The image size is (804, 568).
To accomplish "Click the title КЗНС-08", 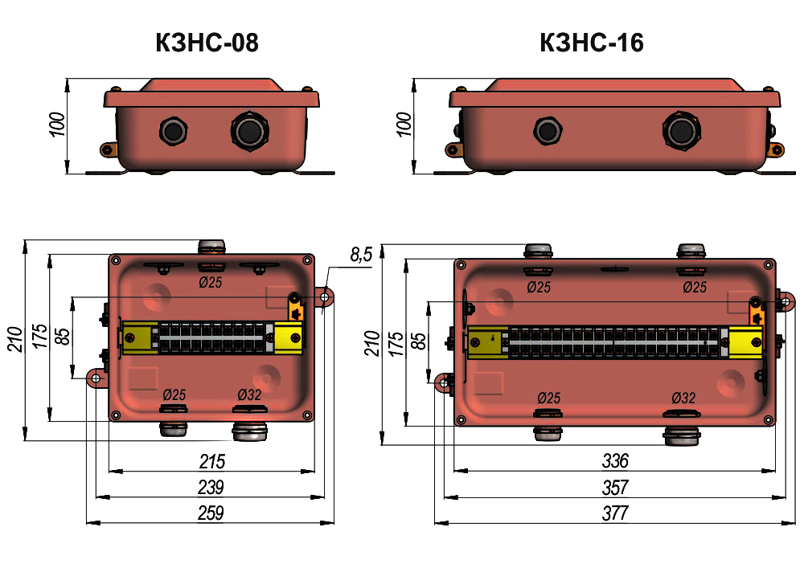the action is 207,43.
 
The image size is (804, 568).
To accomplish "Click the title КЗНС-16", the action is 592,43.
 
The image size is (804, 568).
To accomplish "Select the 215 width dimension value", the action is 211,461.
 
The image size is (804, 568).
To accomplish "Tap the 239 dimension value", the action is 211,487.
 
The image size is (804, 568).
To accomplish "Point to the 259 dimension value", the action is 211,513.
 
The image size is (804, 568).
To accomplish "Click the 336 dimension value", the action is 615,461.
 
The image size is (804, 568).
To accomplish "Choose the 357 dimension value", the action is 615,487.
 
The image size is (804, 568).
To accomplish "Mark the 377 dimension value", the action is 615,513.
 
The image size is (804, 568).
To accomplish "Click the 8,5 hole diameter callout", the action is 361,255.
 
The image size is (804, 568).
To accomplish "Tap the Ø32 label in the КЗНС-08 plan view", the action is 249,395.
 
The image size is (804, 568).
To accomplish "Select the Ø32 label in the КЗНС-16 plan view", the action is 683,398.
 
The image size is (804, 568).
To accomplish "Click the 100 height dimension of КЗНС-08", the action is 57,125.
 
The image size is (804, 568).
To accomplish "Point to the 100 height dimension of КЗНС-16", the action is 404,125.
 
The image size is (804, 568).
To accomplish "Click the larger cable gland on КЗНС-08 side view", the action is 250,131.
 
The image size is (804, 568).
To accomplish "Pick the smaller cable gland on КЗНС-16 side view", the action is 548,130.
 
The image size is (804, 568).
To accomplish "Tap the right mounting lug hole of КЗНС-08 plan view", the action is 324,297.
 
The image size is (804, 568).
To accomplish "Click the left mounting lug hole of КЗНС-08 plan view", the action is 96,378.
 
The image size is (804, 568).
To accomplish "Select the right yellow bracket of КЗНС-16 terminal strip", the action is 745,342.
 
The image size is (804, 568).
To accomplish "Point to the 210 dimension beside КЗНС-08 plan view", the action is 15,339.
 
